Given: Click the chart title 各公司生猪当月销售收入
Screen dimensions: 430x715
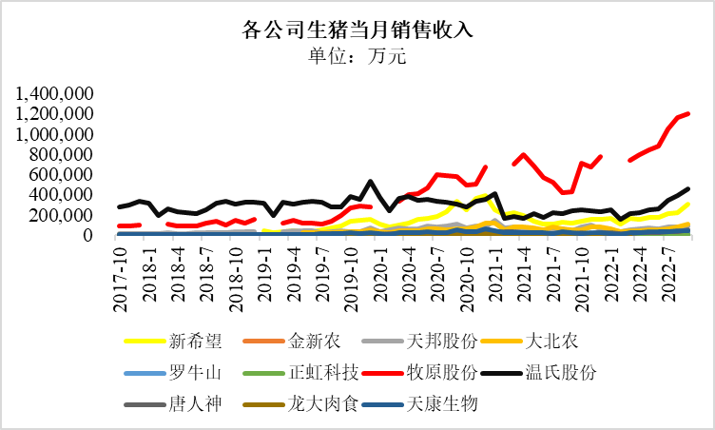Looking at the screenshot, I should [357, 29].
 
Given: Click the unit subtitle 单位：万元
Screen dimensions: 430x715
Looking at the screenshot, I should [357, 56].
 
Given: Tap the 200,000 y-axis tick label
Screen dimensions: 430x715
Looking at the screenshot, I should [59, 215].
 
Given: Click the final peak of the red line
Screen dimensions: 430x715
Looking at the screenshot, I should [687, 114].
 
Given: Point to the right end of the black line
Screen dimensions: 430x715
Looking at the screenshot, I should [687, 188].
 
